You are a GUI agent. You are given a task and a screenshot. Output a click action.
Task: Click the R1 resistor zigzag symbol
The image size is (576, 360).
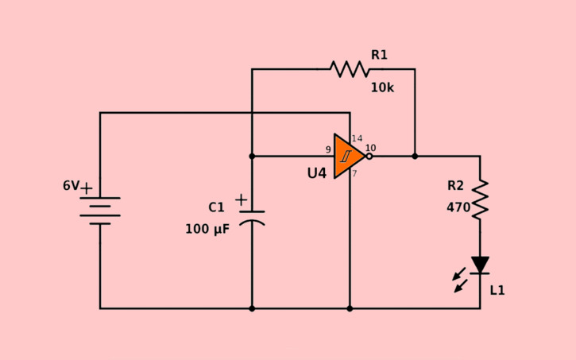click(350, 69)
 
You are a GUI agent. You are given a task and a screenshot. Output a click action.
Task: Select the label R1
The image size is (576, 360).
click(379, 55)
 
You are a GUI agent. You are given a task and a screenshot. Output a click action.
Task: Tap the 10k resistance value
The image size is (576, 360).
click(381, 87)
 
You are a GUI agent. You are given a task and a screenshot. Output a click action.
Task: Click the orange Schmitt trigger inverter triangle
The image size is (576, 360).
click(348, 156)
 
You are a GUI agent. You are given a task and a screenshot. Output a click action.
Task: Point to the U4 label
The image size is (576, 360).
click(316, 172)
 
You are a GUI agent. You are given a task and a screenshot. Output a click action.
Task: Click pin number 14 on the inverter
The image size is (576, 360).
click(357, 138)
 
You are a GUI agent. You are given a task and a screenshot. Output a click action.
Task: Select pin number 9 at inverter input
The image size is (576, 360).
click(327, 149)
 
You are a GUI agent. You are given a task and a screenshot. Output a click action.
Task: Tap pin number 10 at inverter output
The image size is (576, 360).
click(370, 148)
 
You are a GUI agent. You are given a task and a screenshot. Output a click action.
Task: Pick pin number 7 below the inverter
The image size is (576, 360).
click(354, 173)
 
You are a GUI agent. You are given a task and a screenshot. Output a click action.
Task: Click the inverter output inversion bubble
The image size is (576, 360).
click(369, 157)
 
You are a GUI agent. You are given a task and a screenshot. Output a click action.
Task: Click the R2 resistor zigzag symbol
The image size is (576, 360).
click(480, 199)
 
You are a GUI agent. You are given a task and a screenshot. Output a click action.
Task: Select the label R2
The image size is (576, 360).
click(455, 186)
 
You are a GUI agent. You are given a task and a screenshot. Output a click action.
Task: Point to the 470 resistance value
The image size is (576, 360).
click(458, 208)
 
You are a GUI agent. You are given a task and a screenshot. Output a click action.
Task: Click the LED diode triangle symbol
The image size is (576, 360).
click(480, 265)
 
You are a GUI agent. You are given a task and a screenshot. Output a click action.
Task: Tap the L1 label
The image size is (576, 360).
click(497, 291)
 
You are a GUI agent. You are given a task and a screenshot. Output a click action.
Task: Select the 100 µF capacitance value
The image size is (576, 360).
click(207, 229)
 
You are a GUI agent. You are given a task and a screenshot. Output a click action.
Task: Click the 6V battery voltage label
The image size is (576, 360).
click(71, 186)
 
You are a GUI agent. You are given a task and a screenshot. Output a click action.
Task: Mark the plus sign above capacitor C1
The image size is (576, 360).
click(241, 199)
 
